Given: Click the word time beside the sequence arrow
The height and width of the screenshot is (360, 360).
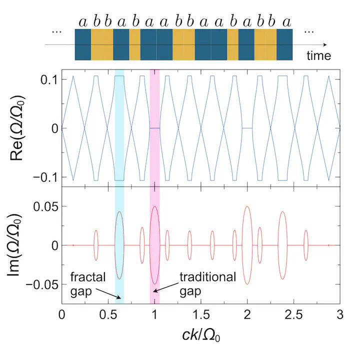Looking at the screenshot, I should [x=319, y=55].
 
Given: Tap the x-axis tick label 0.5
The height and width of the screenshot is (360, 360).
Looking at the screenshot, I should [x=108, y=315].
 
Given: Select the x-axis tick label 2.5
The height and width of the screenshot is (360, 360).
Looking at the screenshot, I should [x=293, y=315].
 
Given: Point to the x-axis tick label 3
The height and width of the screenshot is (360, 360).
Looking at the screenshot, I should [x=340, y=315].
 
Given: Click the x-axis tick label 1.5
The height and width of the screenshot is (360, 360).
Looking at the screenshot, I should [x=201, y=315].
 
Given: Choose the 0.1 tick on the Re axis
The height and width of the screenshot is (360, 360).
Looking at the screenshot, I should [x=47, y=80].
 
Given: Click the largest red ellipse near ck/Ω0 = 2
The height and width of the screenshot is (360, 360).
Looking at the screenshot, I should [x=247, y=245].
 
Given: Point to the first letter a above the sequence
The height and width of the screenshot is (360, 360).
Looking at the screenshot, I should [x=83, y=21].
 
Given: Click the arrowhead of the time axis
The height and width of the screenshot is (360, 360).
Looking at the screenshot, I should [x=326, y=45].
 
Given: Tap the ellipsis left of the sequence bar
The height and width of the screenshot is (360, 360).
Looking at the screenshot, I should [x=56, y=32].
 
